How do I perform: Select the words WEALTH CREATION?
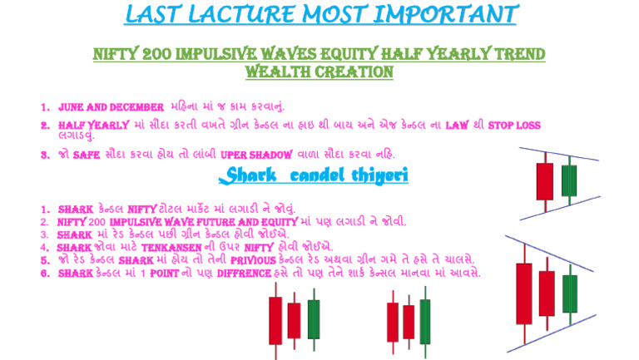[319, 72]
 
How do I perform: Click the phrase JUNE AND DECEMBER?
[111, 107]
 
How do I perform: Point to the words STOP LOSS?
[514, 126]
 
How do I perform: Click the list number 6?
[44, 273]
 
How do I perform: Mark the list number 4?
[44, 248]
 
